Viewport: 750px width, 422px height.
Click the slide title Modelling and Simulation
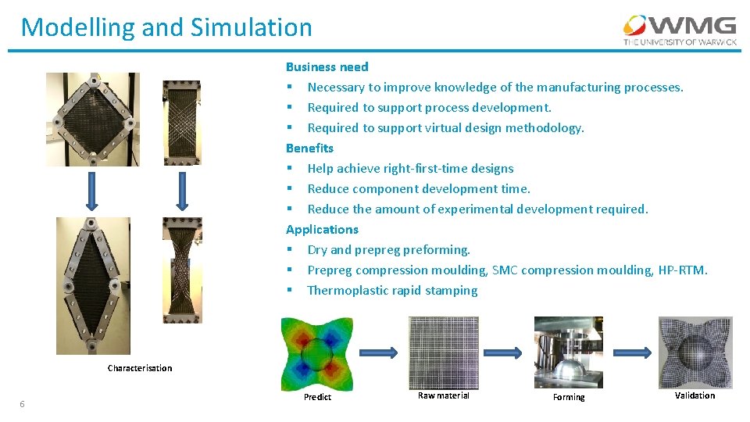pyautogui.click(x=166, y=27)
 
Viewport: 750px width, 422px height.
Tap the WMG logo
pyautogui.click(x=678, y=30)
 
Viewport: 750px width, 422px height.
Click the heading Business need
pyautogui.click(x=327, y=67)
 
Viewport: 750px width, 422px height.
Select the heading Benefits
pyautogui.click(x=309, y=148)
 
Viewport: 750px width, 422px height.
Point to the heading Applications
pyautogui.click(x=322, y=230)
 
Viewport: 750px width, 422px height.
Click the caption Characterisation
pyautogui.click(x=140, y=368)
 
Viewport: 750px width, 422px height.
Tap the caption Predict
pyautogui.click(x=317, y=397)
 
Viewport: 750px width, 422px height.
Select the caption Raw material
pyautogui.click(x=444, y=395)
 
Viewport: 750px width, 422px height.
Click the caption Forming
pyautogui.click(x=569, y=397)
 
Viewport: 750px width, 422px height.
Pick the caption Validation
pyautogui.click(x=695, y=395)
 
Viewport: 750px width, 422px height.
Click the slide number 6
pyautogui.click(x=22, y=404)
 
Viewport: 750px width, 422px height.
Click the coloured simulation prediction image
pyautogui.click(x=316, y=352)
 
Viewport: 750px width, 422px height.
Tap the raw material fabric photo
pyautogui.click(x=444, y=352)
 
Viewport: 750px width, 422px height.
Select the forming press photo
pyautogui.click(x=568, y=352)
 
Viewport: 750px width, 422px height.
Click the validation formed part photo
pyautogui.click(x=695, y=352)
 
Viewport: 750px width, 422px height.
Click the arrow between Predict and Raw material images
pyautogui.click(x=380, y=352)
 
